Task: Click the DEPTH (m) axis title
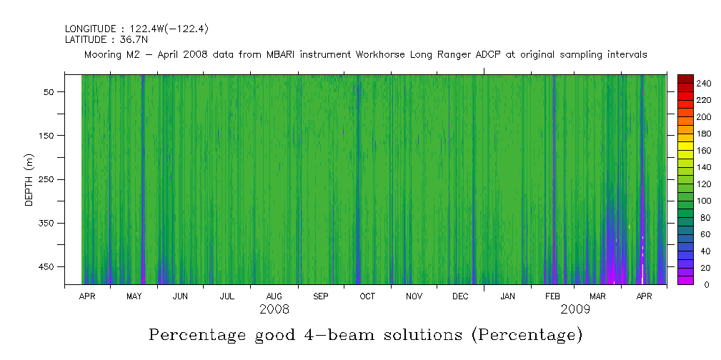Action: tap(29, 179)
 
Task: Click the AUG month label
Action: tap(274, 296)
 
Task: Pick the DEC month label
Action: tap(460, 296)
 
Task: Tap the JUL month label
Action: tap(227, 296)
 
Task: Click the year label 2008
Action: tap(274, 309)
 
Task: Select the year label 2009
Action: tap(575, 309)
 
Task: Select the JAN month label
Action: tap(507, 296)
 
